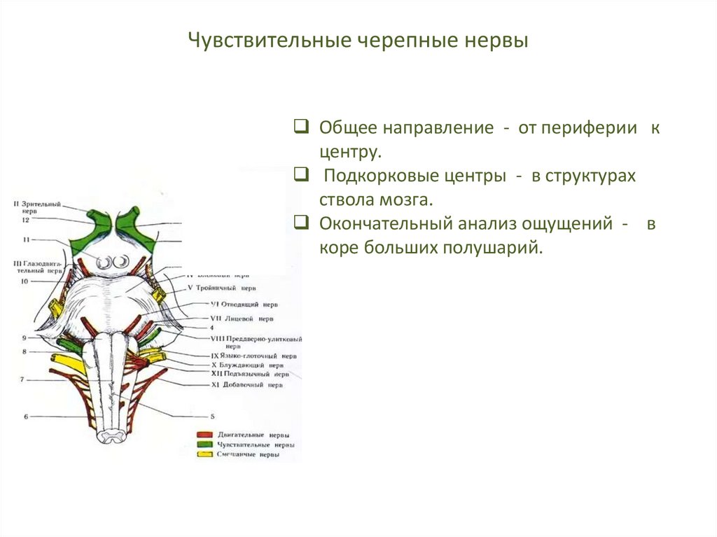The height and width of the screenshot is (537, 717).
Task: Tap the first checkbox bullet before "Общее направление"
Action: coord(301,127)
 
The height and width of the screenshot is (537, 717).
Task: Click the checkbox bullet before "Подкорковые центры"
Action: coord(301,175)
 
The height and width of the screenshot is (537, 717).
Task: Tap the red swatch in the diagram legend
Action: coord(204,435)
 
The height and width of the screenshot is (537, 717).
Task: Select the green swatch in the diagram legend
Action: coord(204,445)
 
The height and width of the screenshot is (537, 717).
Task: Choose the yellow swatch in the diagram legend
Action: coord(204,454)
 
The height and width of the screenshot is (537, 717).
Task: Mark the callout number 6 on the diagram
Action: coord(25,417)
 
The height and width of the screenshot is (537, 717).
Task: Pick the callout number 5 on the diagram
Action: coord(211,416)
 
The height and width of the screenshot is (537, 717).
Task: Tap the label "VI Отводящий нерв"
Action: coord(244,305)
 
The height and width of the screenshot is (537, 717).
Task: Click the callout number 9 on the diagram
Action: coord(24,337)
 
